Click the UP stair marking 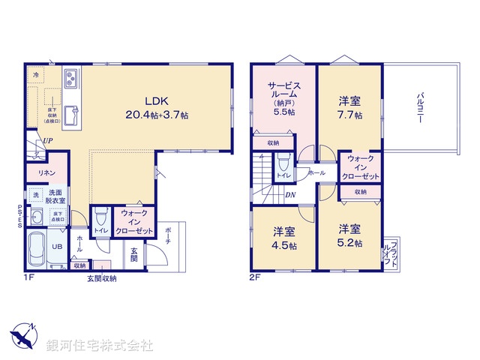pyautogui.click(x=47, y=140)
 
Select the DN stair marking pyautogui.click(x=290, y=195)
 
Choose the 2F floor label pyautogui.click(x=254, y=277)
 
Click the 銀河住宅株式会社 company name pyautogui.click(x=99, y=346)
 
